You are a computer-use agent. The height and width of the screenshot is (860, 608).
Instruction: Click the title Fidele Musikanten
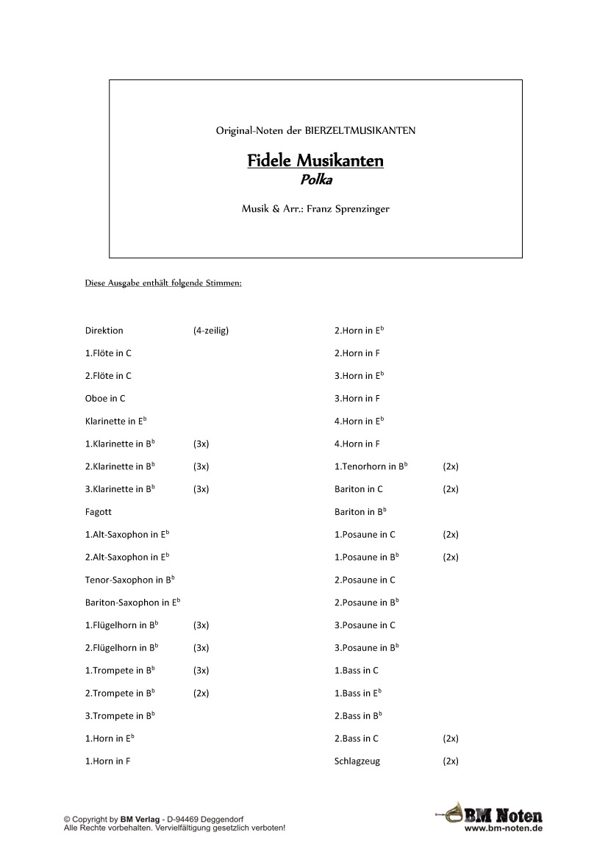pos(315,160)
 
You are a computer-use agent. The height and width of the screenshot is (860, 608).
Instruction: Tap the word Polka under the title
pos(315,179)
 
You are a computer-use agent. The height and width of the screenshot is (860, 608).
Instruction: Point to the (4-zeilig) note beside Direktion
pos(211,330)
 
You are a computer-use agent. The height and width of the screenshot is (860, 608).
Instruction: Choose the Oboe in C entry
pos(105,399)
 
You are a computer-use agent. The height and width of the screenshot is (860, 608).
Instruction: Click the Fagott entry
pos(99,511)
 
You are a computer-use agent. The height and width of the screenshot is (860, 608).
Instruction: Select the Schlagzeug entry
pos(357,761)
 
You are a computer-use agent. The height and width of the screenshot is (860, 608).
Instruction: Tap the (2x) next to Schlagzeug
pos(451,761)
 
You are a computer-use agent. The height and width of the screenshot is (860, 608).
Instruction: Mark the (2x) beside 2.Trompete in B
pos(201,693)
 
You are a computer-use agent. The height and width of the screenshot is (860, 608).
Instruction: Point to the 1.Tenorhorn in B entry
pos(371,466)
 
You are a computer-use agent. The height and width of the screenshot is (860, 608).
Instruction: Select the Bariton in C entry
pos(359,489)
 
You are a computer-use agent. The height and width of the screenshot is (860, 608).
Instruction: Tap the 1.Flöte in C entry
pos(108,353)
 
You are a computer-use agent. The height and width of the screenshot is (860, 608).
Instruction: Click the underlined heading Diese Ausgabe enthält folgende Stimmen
pos(163,283)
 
